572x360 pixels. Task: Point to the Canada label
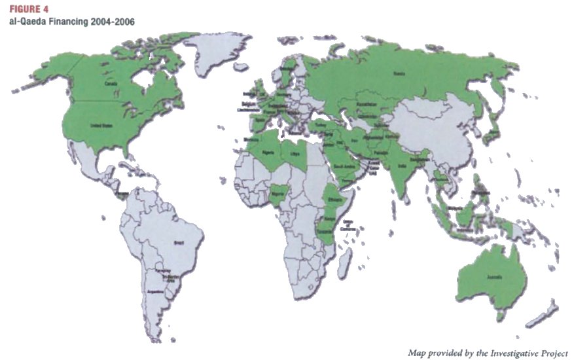[x=109, y=83]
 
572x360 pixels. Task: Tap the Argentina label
[x=156, y=291]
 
